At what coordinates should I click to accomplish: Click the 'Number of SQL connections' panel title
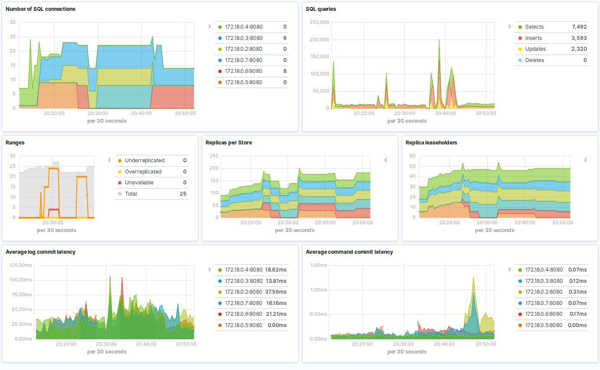point(40,9)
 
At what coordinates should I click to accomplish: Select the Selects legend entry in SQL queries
point(534,27)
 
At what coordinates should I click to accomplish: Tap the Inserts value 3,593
point(579,38)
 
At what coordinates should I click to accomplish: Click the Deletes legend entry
point(534,60)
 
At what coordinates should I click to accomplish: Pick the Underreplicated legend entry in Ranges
point(144,160)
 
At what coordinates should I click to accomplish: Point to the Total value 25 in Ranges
point(183,193)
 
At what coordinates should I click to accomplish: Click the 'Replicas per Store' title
point(229,142)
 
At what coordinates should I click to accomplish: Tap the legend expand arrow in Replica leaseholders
point(586,160)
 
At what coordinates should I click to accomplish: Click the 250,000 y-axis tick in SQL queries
point(319,22)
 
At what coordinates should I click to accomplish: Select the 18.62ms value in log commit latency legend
point(275,270)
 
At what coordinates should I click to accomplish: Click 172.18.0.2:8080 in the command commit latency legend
point(544,292)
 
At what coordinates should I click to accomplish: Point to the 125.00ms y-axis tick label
point(21,265)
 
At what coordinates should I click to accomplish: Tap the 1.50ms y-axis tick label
point(318,265)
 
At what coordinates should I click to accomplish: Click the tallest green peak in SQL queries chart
point(439,40)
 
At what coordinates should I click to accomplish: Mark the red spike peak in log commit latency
point(122,278)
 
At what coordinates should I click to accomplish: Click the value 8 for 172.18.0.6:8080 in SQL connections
point(285,71)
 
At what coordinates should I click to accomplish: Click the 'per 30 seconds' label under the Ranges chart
point(56,230)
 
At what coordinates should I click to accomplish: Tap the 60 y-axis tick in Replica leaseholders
point(413,156)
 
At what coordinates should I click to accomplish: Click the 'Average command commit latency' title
point(349,252)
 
